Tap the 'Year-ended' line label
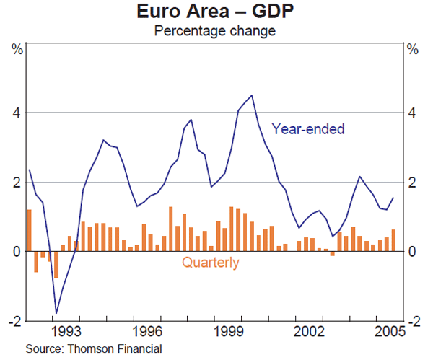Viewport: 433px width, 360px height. coord(308,130)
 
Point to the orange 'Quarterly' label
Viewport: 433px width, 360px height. coord(210,263)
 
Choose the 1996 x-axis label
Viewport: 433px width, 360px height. coord(149,332)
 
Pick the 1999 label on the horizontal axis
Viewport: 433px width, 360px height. coord(231,332)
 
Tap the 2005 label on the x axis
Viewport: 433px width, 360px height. coord(388,332)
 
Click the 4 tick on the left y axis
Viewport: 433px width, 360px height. coord(15,113)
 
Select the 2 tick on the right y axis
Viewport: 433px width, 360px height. coord(412,182)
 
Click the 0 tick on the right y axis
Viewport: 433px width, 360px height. coord(412,251)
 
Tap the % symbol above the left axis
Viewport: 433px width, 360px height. coord(16,50)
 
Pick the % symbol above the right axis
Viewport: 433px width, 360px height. coord(413,50)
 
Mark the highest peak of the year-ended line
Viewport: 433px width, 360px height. coord(251,95)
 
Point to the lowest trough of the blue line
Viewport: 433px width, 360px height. coord(56,313)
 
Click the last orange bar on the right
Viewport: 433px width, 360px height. coord(393,240)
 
